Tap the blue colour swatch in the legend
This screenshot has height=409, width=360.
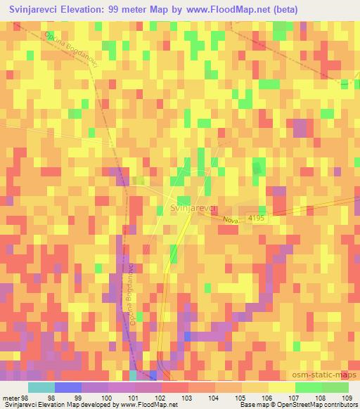click(x=67, y=387)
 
